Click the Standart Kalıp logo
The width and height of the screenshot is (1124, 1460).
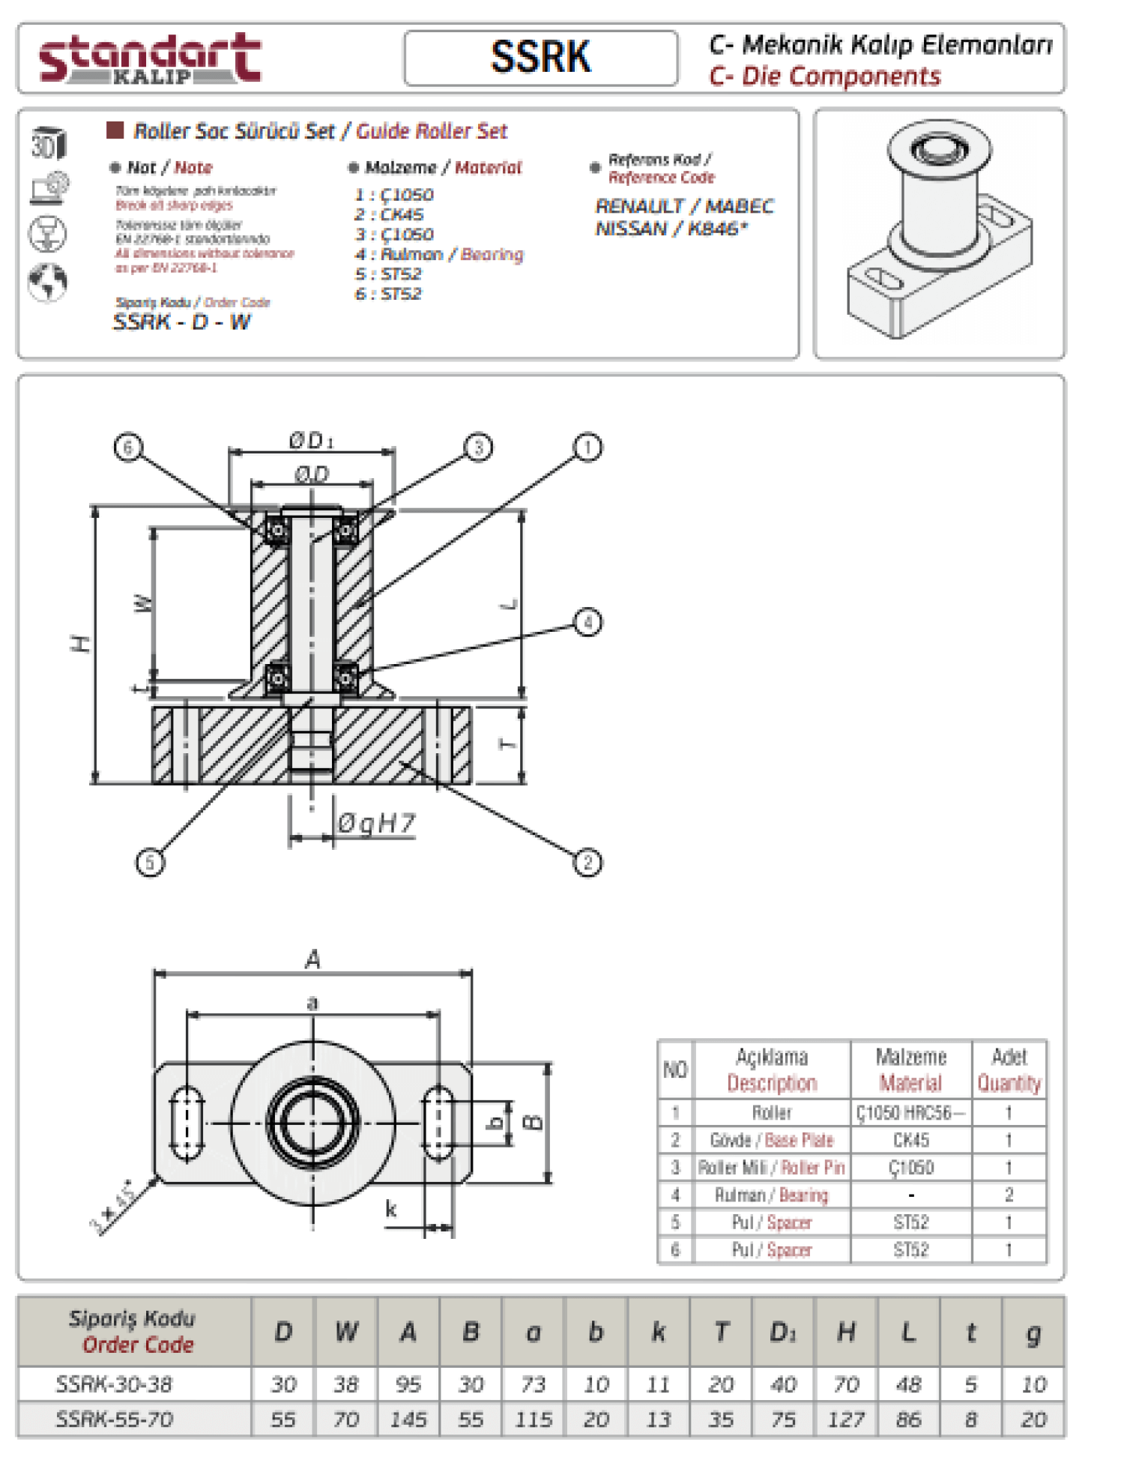[150, 58]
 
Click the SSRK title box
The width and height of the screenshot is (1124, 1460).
[540, 58]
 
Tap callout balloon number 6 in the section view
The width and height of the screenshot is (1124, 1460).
[128, 447]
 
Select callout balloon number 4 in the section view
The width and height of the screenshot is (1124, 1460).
[587, 622]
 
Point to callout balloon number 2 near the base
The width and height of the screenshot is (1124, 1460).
[587, 863]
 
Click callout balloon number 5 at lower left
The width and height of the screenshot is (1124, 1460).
[150, 862]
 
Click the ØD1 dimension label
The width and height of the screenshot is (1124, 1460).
[311, 441]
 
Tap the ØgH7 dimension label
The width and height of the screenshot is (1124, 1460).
[375, 824]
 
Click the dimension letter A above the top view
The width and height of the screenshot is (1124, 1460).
[313, 959]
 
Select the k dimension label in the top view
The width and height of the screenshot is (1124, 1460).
[390, 1208]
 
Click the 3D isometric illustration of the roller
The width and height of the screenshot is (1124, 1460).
[940, 232]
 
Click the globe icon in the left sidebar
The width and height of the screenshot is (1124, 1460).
[48, 283]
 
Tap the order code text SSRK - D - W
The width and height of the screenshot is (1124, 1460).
[182, 322]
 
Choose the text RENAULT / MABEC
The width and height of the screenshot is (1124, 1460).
[684, 206]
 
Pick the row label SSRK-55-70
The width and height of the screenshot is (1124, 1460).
[115, 1419]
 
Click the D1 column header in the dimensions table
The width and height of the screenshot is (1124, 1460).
[783, 1332]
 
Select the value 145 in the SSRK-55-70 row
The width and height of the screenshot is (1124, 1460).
[408, 1419]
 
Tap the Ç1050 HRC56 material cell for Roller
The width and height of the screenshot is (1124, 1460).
[910, 1113]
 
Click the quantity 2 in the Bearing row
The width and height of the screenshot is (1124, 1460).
[1009, 1195]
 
